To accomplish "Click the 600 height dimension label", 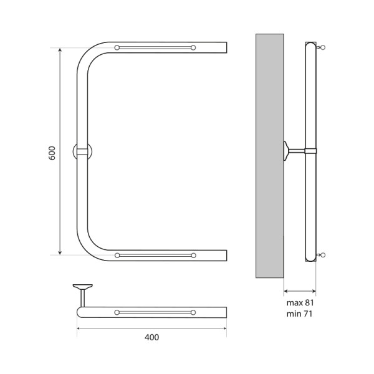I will [52, 153].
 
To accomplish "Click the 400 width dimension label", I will [151, 337].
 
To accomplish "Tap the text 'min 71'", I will [299, 314].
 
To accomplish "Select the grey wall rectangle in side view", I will [269, 156].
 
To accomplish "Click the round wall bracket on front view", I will [82, 151].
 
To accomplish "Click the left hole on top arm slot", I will [117, 47].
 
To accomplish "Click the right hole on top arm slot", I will [194, 47].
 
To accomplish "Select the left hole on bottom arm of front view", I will [117, 256].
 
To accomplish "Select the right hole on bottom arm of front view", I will [194, 256].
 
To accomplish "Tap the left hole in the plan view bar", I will [117, 312].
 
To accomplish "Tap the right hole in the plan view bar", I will [194, 312].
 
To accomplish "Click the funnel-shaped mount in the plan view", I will [82, 288].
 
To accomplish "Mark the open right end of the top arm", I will [226, 47].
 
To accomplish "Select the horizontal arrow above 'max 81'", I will [299, 290].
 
